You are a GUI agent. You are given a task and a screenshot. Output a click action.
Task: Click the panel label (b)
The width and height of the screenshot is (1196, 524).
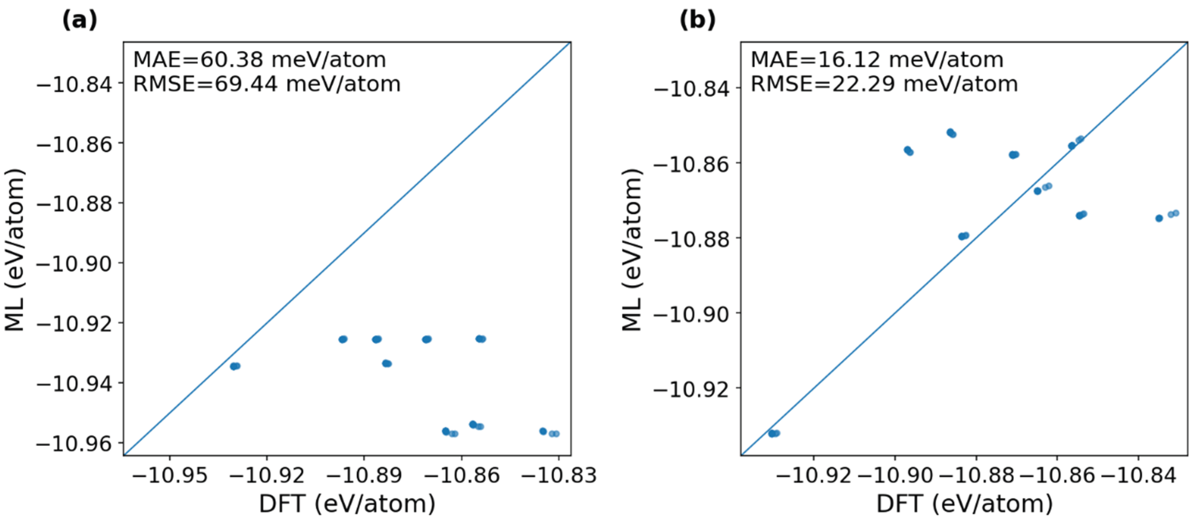[697, 20]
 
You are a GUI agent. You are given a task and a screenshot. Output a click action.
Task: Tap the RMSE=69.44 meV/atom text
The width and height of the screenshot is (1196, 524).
[267, 84]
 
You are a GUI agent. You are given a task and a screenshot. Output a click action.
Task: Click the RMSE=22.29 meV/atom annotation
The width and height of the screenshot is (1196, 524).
[884, 84]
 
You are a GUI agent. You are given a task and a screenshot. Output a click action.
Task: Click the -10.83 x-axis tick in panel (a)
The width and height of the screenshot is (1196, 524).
[559, 475]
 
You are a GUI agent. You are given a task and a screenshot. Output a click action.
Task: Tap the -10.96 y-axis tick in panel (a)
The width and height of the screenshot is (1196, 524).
[74, 444]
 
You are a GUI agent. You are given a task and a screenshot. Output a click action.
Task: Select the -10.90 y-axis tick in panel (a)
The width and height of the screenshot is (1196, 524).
[74, 264]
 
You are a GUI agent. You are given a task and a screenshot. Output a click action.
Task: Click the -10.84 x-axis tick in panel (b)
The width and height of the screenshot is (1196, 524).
[1138, 475]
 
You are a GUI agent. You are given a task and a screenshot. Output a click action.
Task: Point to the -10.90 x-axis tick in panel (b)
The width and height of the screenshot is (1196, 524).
[895, 475]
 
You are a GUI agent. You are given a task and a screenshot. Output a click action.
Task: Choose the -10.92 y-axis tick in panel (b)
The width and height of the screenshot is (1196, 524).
[692, 389]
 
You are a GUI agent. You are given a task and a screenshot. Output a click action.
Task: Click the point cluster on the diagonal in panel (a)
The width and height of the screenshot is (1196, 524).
[235, 366]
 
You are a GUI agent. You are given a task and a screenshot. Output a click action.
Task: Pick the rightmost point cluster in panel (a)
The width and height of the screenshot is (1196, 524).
[550, 433]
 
